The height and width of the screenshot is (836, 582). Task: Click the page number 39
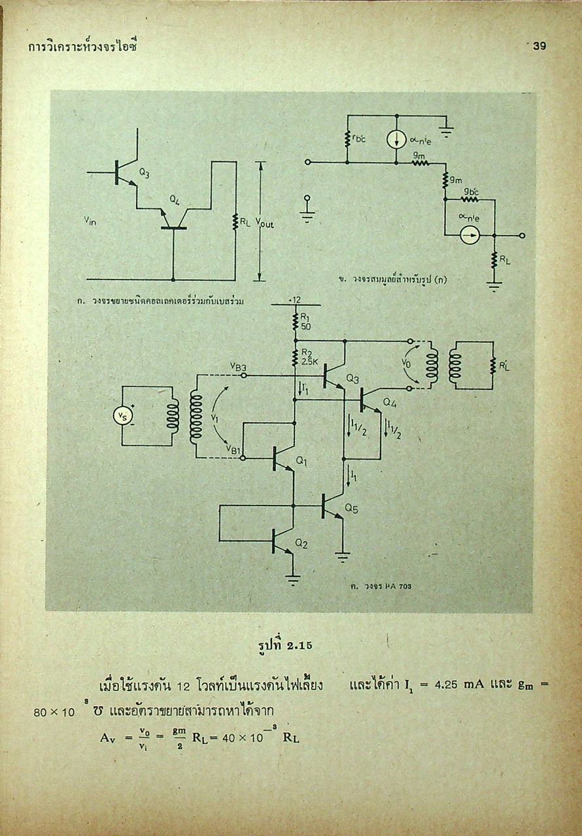(x=539, y=46)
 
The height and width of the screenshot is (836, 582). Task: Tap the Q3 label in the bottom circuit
(x=352, y=378)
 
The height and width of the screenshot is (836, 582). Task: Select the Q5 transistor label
(x=351, y=509)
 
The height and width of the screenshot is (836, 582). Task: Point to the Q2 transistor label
(x=301, y=543)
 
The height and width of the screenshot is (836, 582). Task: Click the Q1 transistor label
(x=301, y=461)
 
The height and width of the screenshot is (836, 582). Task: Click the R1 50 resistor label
(x=306, y=322)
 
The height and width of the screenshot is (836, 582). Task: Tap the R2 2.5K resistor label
(x=308, y=356)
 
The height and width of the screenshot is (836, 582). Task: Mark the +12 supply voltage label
(x=294, y=299)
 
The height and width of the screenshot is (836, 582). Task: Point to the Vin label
(x=91, y=221)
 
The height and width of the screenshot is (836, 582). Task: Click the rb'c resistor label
(x=358, y=138)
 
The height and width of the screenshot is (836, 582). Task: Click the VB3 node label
(x=239, y=368)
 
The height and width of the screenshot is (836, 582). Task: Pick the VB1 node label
(x=234, y=449)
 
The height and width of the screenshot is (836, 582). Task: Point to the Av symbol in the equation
(x=108, y=737)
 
